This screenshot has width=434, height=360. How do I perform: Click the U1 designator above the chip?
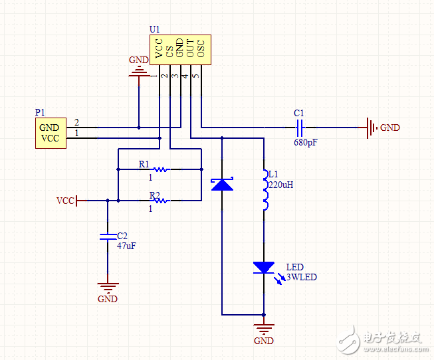tap(154, 30)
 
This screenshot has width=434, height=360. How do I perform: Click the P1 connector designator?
tap(41, 114)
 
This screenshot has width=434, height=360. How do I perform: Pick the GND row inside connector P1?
tap(49, 128)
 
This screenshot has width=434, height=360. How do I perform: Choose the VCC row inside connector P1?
tap(49, 138)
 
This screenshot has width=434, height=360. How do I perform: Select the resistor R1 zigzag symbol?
tap(160, 169)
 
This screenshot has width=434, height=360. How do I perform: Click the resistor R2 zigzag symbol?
tap(160, 200)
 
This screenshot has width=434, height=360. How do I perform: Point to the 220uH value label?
tap(280, 185)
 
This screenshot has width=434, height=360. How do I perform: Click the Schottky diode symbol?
tap(222, 184)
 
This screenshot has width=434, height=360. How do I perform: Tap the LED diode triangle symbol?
tap(264, 267)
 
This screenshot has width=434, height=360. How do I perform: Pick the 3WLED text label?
tap(300, 277)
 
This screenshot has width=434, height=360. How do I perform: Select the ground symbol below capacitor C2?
tap(107, 288)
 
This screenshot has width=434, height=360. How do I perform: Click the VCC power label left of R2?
tap(66, 200)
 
